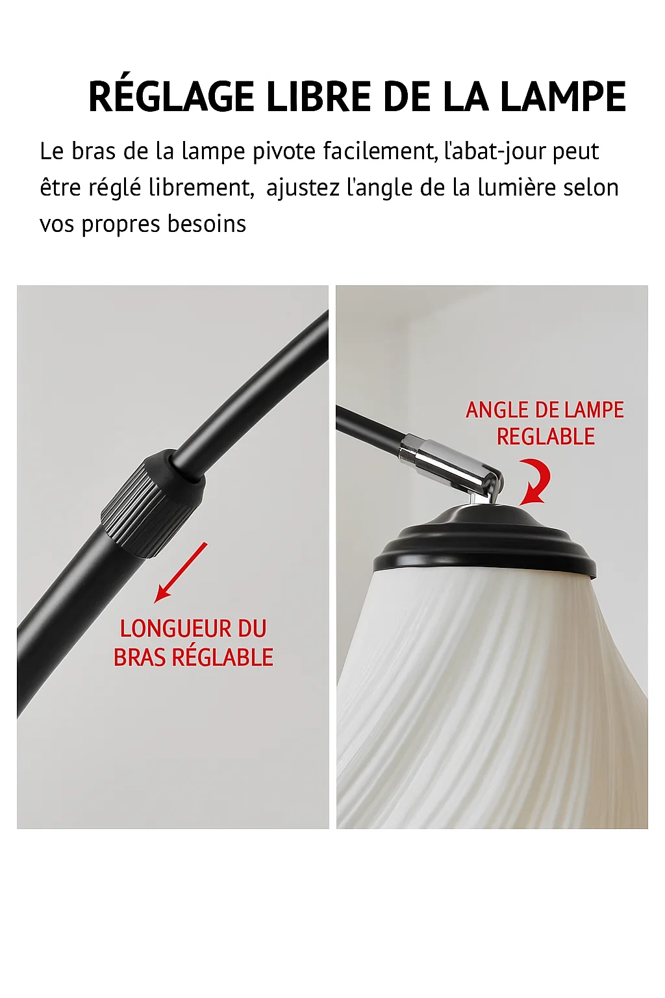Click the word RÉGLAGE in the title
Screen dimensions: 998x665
(173, 97)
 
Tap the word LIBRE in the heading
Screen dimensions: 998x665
(319, 97)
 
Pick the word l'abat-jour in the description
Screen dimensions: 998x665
(495, 151)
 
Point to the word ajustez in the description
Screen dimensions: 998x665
(303, 188)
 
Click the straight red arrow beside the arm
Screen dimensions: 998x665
(181, 572)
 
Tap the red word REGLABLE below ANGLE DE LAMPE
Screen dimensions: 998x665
(546, 437)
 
